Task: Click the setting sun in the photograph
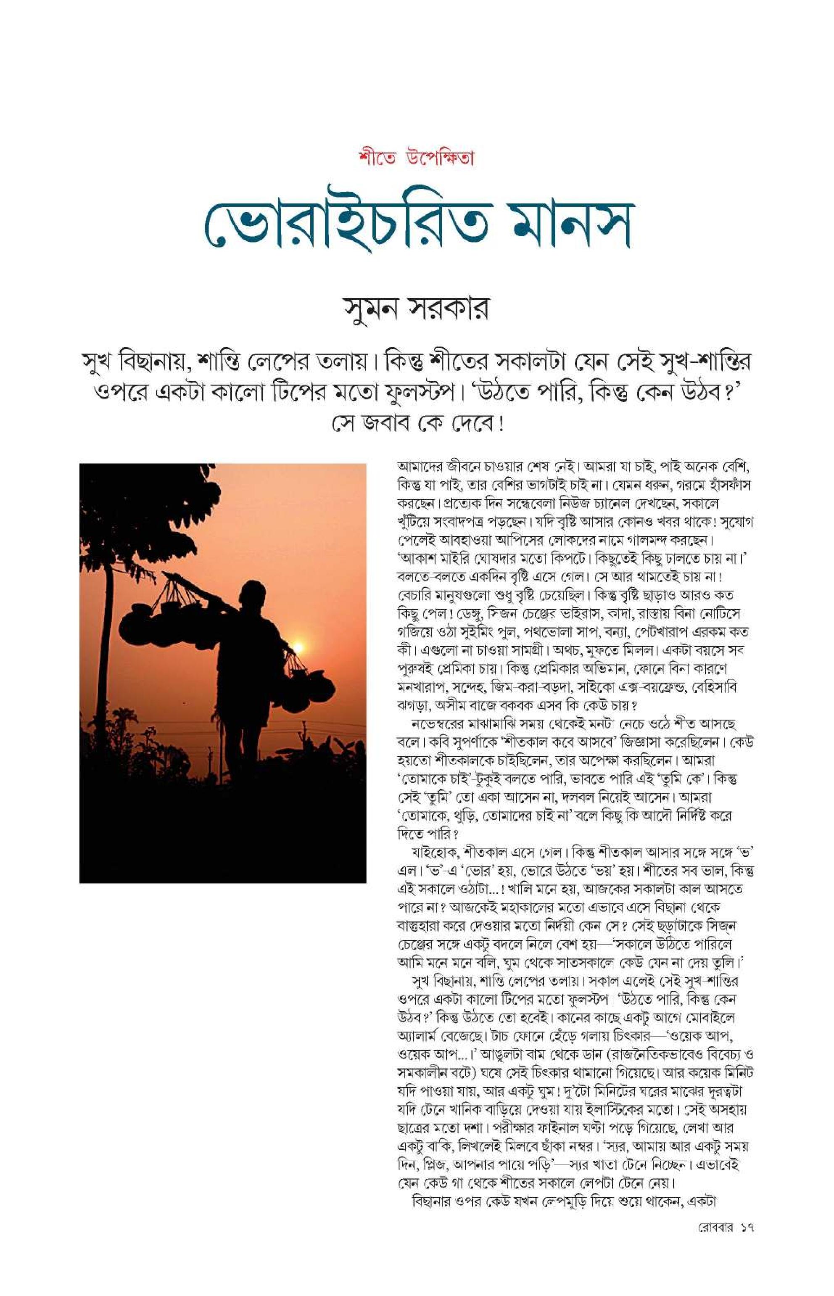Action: (297, 648)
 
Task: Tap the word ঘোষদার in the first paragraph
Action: (490, 558)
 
